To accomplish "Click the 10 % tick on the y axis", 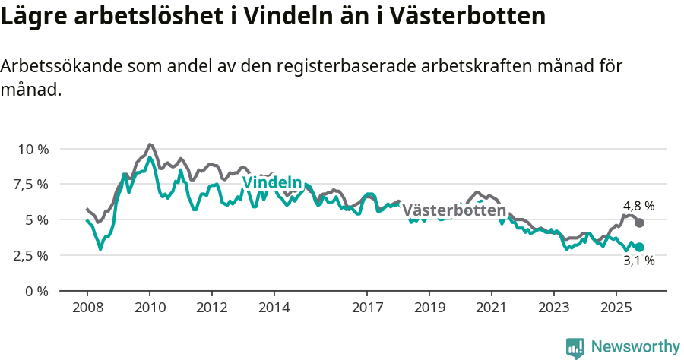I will click(x=32, y=149).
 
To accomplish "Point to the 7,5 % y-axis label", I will click(x=32, y=185).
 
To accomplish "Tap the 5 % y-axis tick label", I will click(x=37, y=220).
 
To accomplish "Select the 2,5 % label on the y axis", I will click(x=32, y=255).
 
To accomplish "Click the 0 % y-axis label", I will click(x=37, y=291).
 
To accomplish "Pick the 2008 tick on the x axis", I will click(x=87, y=308).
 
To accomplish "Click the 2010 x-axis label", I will click(x=150, y=308).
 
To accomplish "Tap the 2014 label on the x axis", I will click(x=274, y=308).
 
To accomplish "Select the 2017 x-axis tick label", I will click(x=367, y=308).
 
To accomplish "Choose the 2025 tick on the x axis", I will click(x=616, y=308).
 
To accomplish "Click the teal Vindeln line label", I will click(x=272, y=182).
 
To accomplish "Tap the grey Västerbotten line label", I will click(x=454, y=210).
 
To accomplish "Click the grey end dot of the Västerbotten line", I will click(x=640, y=223).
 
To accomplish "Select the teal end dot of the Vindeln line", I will click(x=640, y=247).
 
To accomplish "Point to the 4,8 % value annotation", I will click(x=638, y=206).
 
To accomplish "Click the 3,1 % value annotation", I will click(x=638, y=261).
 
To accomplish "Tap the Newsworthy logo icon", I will click(x=575, y=347).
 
